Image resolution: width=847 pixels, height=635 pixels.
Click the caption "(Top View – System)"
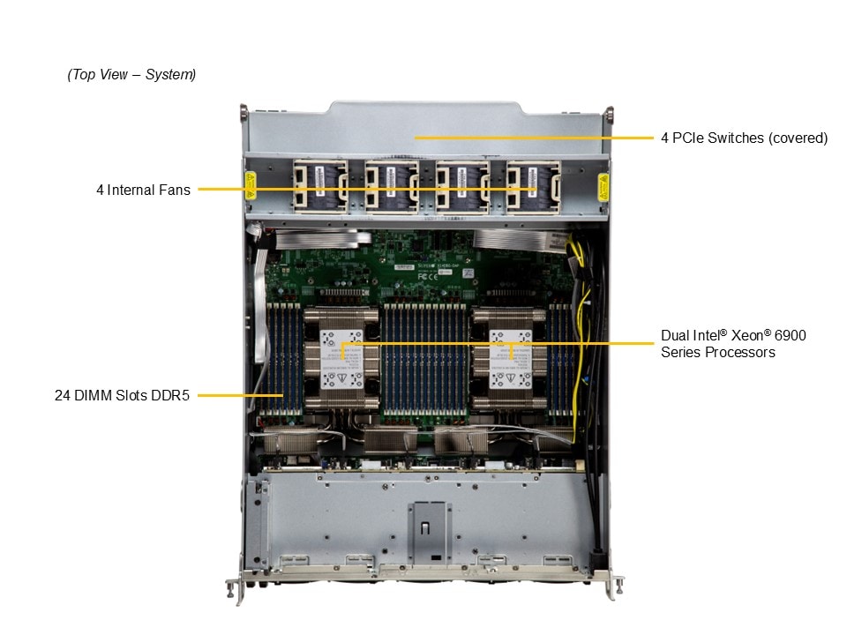[131, 75]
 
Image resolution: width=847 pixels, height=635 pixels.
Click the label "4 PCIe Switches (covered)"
[744, 138]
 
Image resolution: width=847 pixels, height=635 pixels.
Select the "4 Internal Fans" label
[143, 190]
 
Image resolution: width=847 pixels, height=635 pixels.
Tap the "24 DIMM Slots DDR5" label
[122, 396]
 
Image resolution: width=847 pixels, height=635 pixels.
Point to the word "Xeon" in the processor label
[749, 336]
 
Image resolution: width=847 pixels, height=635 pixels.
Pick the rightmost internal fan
[532, 187]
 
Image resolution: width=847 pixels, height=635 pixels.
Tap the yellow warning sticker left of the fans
[250, 187]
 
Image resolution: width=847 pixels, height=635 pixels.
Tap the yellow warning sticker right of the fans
[603, 187]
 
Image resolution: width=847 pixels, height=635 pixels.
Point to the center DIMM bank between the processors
[425, 357]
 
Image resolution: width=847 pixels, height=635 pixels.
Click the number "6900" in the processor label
[790, 336]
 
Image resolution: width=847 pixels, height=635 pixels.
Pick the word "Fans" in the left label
[174, 190]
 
